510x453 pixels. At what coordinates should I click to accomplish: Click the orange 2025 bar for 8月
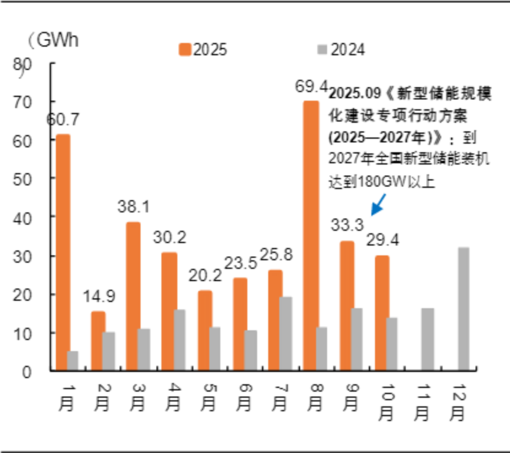point(311,236)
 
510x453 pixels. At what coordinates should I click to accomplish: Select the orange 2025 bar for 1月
point(63,252)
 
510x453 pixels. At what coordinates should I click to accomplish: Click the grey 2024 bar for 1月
point(73,360)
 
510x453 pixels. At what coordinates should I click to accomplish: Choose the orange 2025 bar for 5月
point(205,330)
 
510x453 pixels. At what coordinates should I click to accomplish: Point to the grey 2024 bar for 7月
point(285,333)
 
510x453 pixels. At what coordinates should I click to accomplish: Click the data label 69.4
point(311,87)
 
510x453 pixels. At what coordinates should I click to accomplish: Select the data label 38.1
point(133,207)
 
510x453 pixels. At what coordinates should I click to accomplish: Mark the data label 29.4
point(383,240)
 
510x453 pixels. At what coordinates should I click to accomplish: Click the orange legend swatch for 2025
point(185,50)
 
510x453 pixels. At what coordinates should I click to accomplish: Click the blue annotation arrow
point(377,205)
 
